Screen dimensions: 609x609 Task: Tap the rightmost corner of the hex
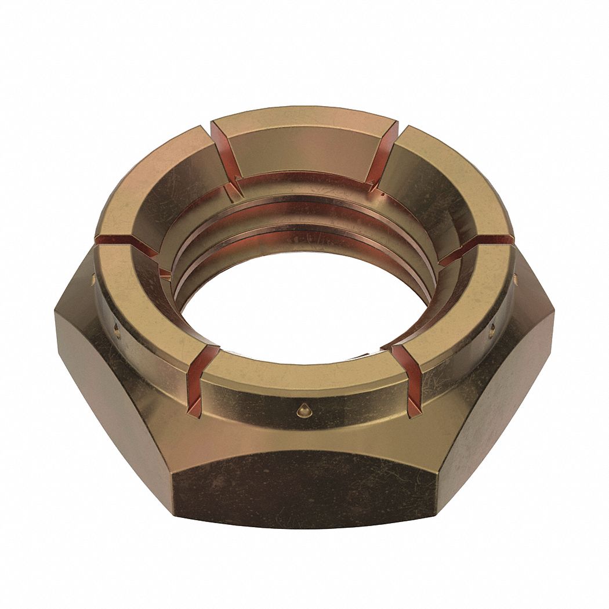click(x=553, y=316)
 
